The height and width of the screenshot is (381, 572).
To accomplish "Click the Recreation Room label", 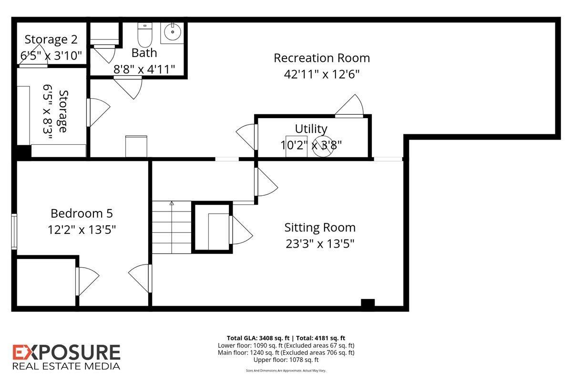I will [x=322, y=58].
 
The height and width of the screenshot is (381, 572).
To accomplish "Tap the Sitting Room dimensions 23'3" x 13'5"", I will [x=320, y=244].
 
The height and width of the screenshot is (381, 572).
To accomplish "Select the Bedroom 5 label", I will [x=82, y=213].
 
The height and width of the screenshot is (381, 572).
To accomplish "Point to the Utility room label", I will [x=311, y=129].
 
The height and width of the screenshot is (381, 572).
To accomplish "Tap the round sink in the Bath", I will [x=173, y=32].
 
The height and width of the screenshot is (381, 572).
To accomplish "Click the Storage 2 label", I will [x=51, y=39].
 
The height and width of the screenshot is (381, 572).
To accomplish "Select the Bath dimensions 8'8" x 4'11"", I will [x=144, y=69].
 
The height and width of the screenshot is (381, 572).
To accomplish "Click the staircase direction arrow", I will [x=172, y=204].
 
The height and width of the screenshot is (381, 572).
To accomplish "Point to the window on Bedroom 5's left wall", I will [x=14, y=231].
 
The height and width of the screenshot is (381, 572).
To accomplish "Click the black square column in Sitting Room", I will [x=368, y=303].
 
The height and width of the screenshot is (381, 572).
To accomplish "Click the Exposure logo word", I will [x=66, y=353].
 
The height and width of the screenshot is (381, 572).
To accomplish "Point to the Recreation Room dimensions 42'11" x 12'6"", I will [x=322, y=74].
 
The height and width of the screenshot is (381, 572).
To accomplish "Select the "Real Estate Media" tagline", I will [x=66, y=366].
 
